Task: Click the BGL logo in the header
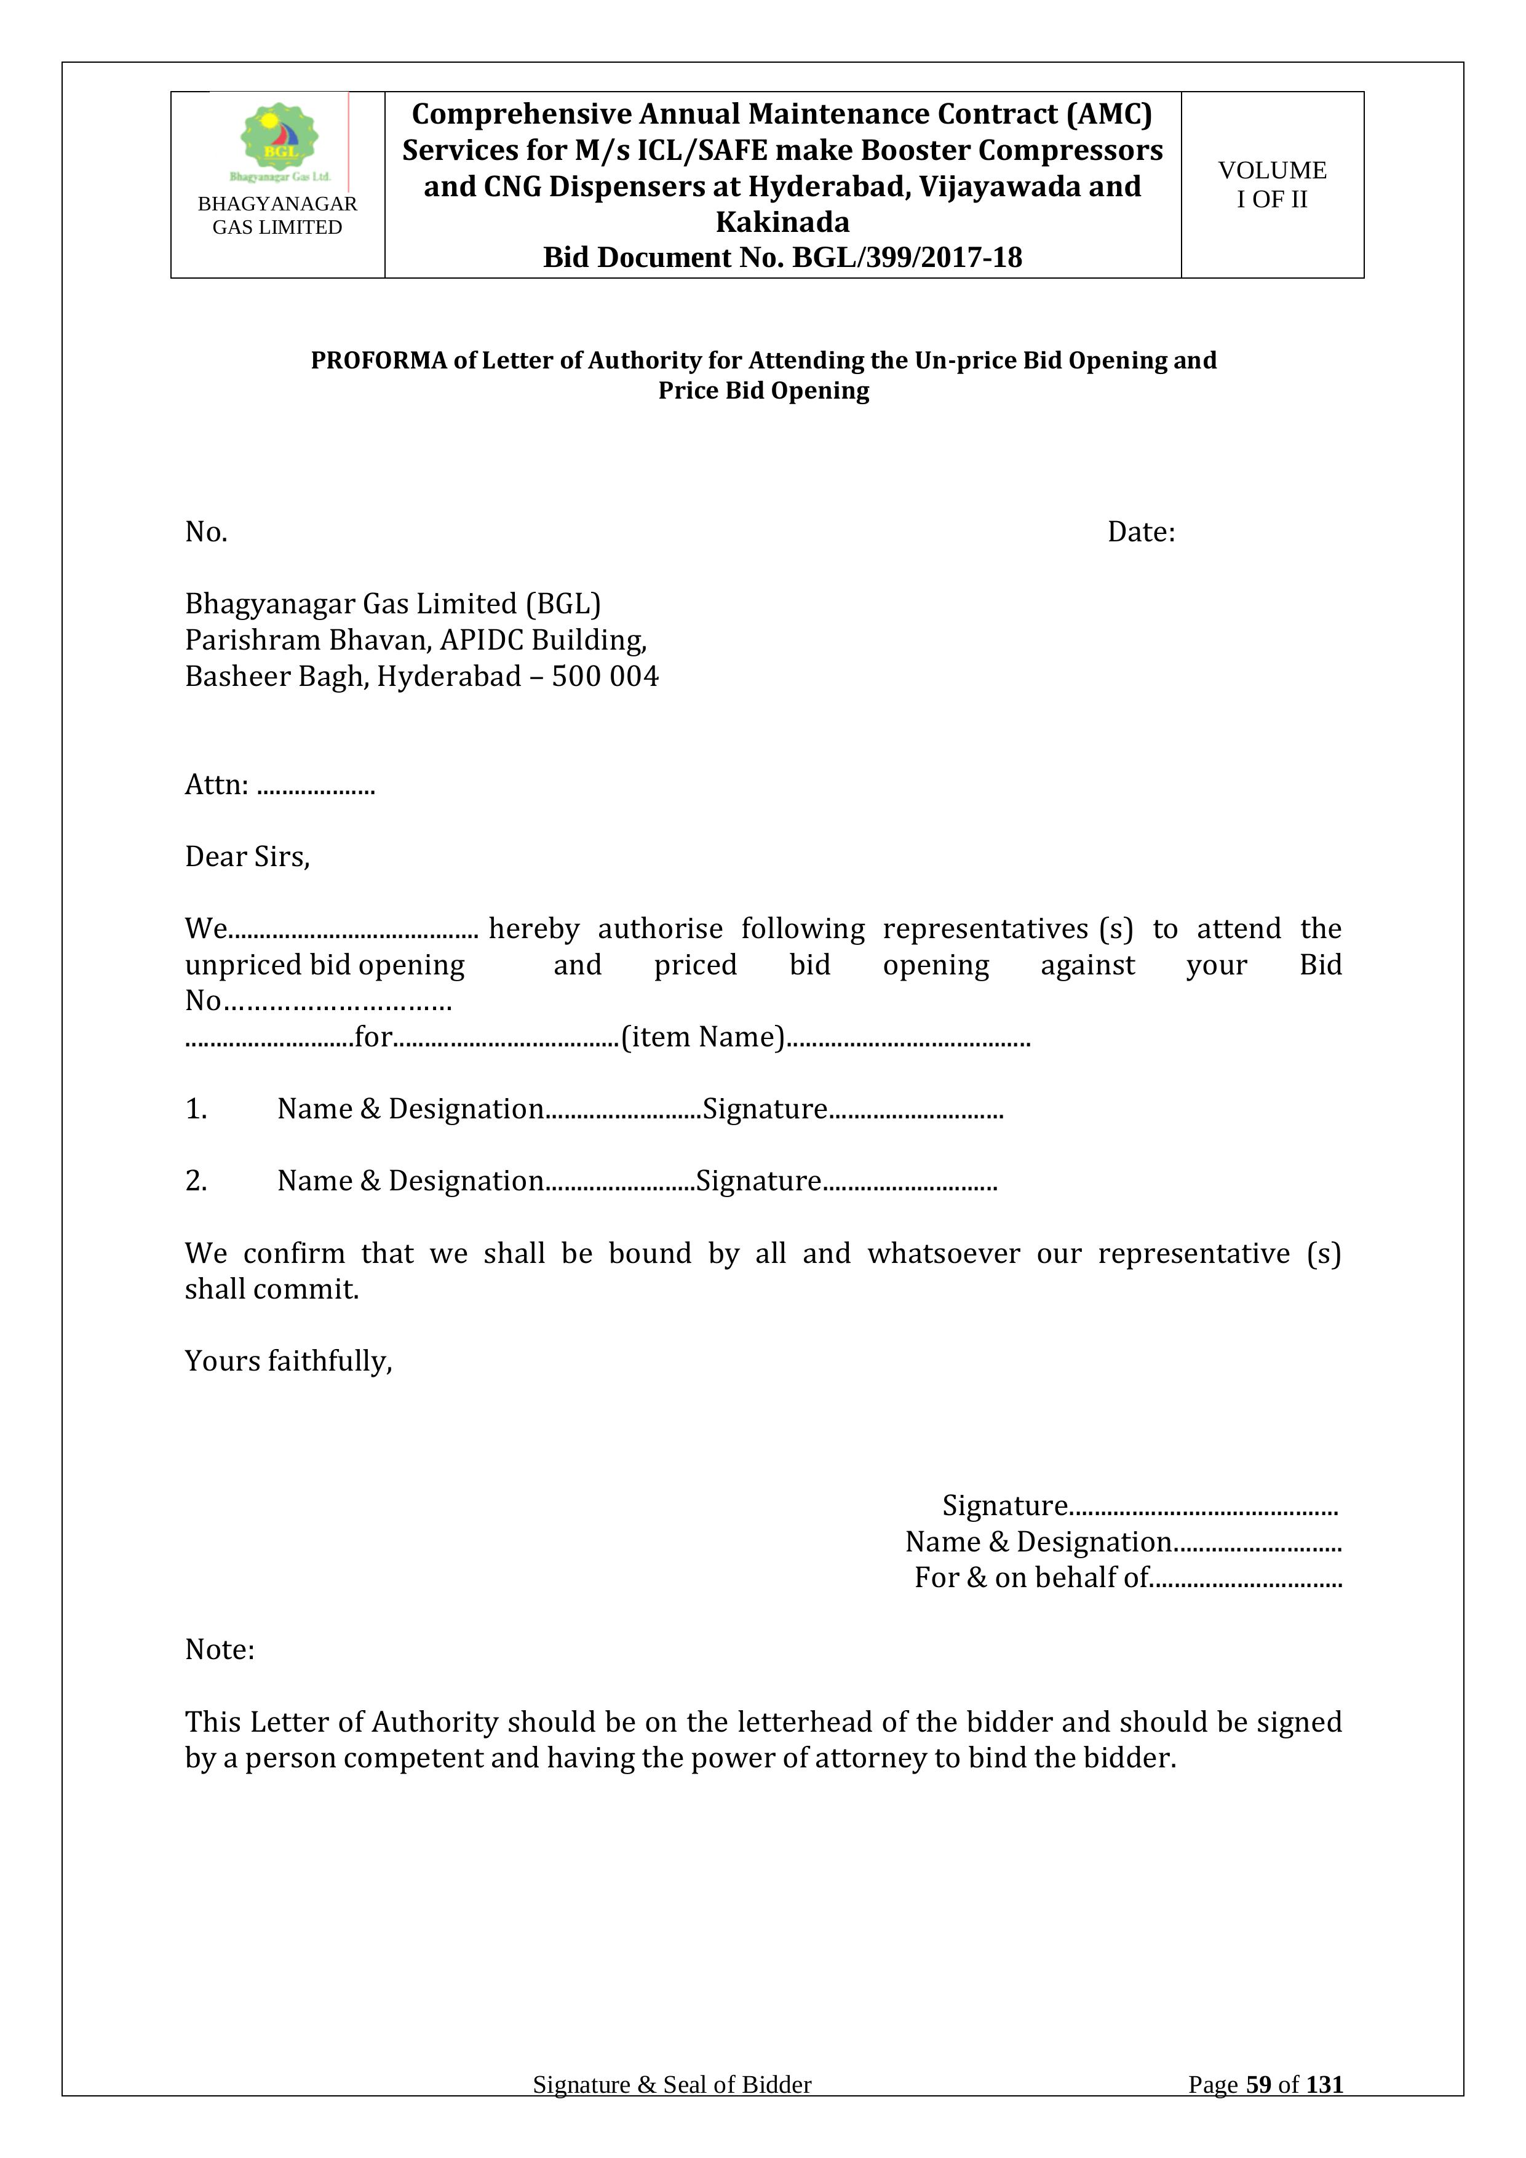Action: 279,141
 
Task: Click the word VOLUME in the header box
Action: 1273,170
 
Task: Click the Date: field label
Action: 1141,532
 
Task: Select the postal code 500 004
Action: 605,677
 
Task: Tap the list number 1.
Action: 196,1109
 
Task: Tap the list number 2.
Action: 196,1181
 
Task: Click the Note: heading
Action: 220,1649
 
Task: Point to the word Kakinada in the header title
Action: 782,222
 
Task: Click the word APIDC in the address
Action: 482,640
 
